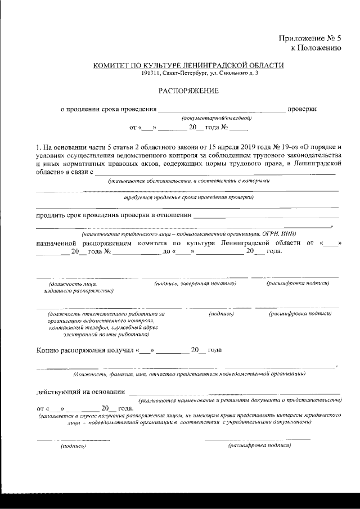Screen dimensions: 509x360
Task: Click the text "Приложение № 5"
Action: pos(310,38)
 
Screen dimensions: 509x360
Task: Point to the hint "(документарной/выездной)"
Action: pos(216,118)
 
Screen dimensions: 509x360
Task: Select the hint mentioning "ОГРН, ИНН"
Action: pos(189,233)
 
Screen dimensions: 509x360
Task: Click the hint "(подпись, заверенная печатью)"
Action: pos(195,284)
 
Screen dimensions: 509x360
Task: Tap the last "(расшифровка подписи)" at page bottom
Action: pos(259,445)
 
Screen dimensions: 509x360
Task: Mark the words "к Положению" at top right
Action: pos(316,48)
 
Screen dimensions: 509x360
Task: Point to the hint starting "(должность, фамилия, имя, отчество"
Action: pos(189,374)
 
